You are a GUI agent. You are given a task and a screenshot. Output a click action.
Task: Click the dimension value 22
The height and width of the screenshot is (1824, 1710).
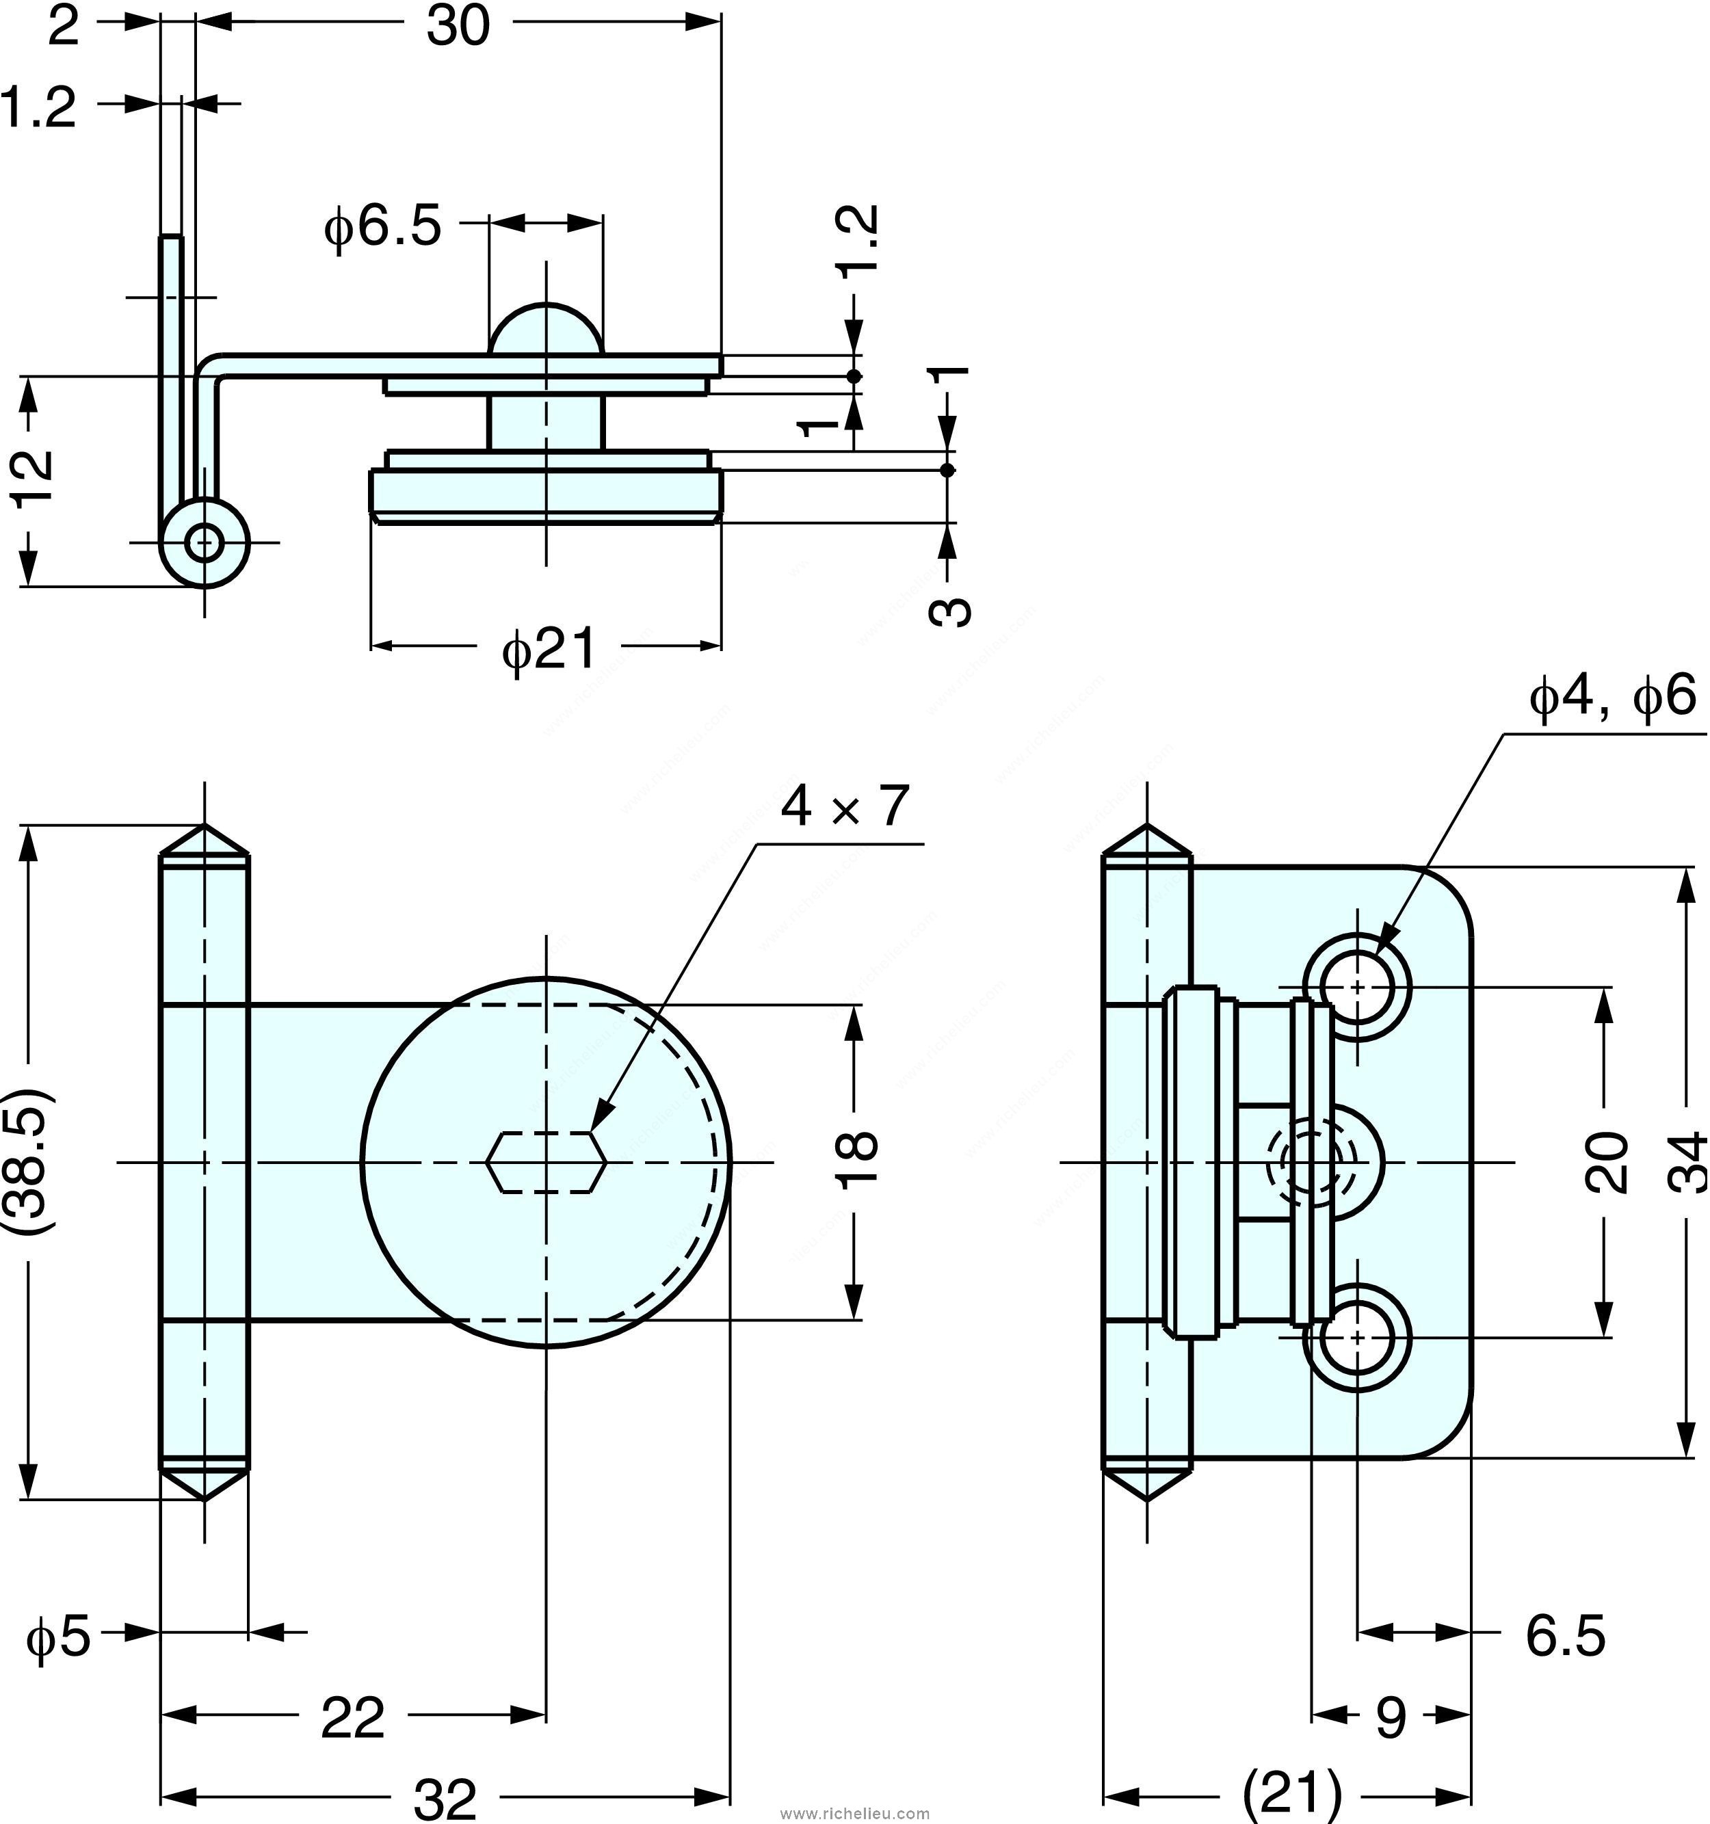(x=352, y=1717)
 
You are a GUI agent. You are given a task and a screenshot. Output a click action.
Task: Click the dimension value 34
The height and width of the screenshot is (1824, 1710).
(x=1687, y=1163)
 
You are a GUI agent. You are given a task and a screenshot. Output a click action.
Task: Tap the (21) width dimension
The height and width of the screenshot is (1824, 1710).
(x=1291, y=1791)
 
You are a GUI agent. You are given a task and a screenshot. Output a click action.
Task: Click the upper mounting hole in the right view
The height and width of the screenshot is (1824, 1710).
(x=1358, y=988)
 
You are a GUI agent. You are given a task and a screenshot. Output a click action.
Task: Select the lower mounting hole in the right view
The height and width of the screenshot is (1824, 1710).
(x=1358, y=1338)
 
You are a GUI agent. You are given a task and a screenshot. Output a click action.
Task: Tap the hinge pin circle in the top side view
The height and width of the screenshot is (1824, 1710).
(x=204, y=542)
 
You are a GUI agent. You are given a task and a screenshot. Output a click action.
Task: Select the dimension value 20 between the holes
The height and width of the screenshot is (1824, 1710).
(x=1606, y=1163)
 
